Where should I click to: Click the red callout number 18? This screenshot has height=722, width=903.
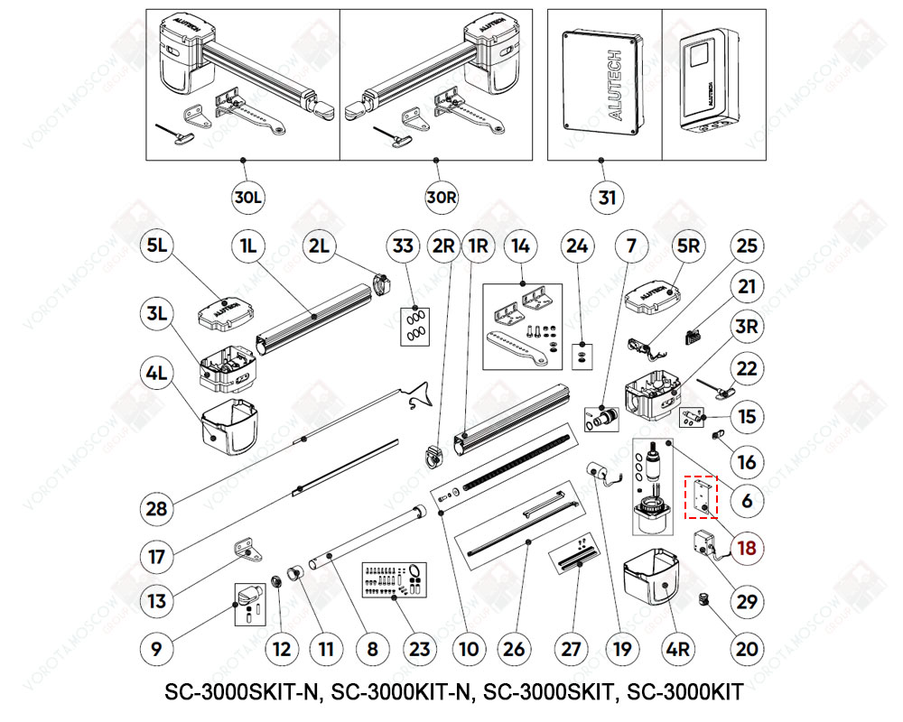coord(747,548)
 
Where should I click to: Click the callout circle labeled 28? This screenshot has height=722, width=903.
coord(156,508)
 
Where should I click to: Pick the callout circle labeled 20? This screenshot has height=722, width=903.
coord(747,647)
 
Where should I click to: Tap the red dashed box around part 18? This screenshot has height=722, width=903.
coord(700,497)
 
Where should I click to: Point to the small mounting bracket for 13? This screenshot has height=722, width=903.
coord(244,548)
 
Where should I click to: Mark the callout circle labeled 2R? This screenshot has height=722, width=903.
coord(442,245)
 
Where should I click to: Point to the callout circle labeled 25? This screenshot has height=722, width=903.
coord(747,245)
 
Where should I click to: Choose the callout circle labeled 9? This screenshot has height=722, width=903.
coord(156,647)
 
